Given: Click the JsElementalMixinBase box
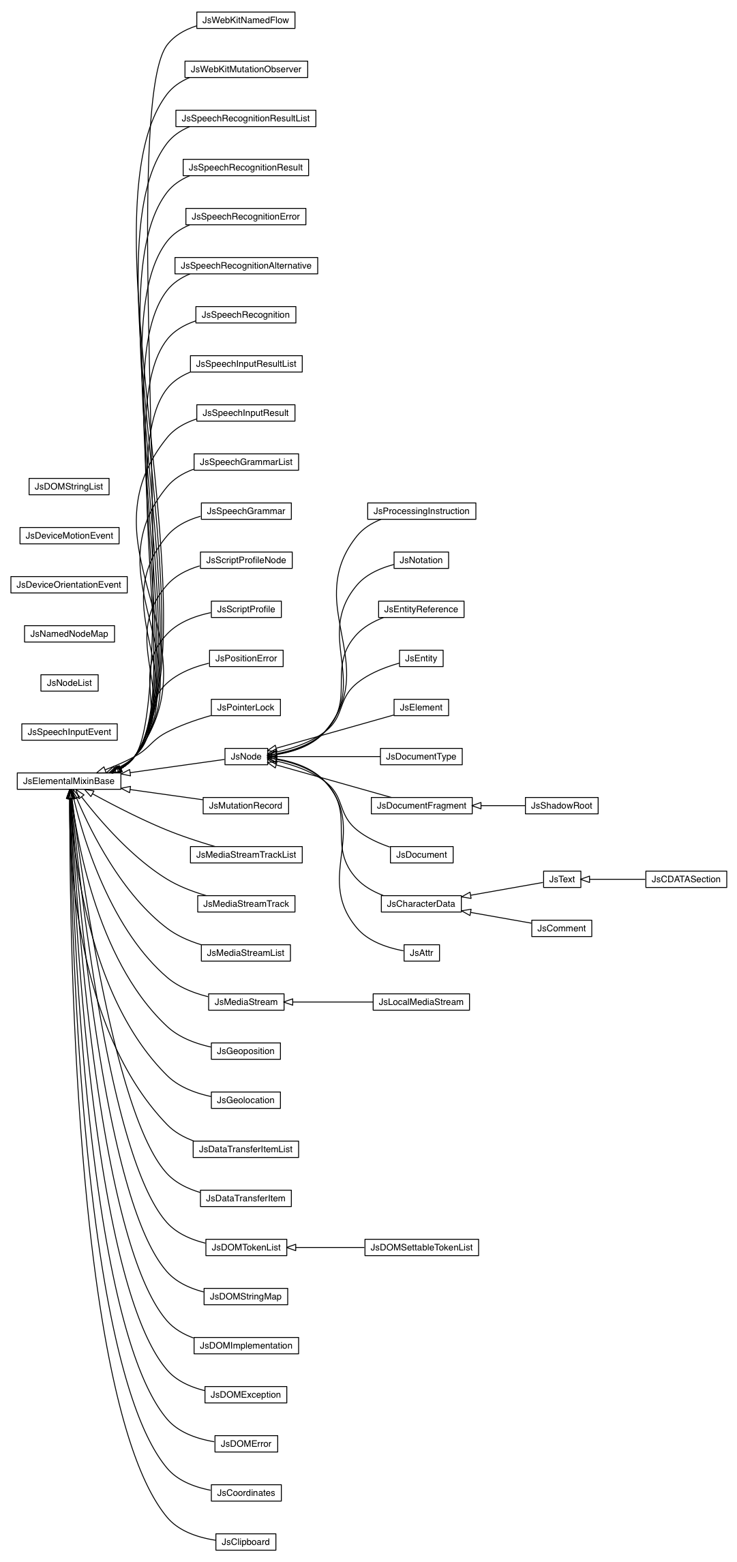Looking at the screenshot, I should click(x=69, y=781).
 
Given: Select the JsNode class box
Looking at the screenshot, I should click(x=246, y=757).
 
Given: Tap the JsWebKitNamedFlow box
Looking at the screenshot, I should click(x=245, y=20).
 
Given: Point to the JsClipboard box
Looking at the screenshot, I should click(x=245, y=1542).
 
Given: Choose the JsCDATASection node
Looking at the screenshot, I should click(x=685, y=880).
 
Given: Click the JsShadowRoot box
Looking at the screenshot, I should click(x=561, y=806).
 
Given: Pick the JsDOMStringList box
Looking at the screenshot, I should click(x=69, y=487).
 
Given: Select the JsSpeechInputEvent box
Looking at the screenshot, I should click(x=69, y=732).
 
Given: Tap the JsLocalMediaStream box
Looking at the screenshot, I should click(x=421, y=1002).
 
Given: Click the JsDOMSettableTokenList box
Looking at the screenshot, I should click(x=421, y=1248).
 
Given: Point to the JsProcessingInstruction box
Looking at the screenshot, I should click(x=421, y=511).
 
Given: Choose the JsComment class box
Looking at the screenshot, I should click(x=561, y=929).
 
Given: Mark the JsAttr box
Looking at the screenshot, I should click(x=421, y=953).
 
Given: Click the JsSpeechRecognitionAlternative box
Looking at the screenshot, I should click(x=245, y=266).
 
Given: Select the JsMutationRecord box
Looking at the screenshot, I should click(x=245, y=806).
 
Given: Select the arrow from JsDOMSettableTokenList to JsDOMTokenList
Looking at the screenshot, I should click(x=326, y=1248).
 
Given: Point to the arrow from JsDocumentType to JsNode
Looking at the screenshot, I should click(x=324, y=757).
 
